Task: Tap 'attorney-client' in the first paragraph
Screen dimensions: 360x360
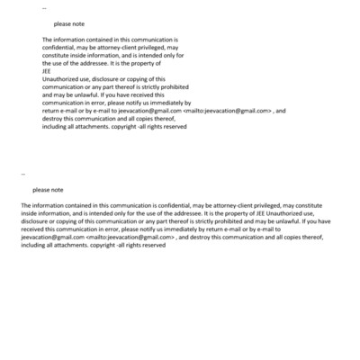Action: click(122, 48)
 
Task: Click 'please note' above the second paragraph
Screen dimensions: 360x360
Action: click(48, 190)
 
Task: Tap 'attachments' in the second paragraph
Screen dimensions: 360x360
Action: click(85, 245)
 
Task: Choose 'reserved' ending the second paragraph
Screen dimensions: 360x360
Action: click(154, 245)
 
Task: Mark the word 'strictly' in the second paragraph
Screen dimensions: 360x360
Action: click(181, 221)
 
